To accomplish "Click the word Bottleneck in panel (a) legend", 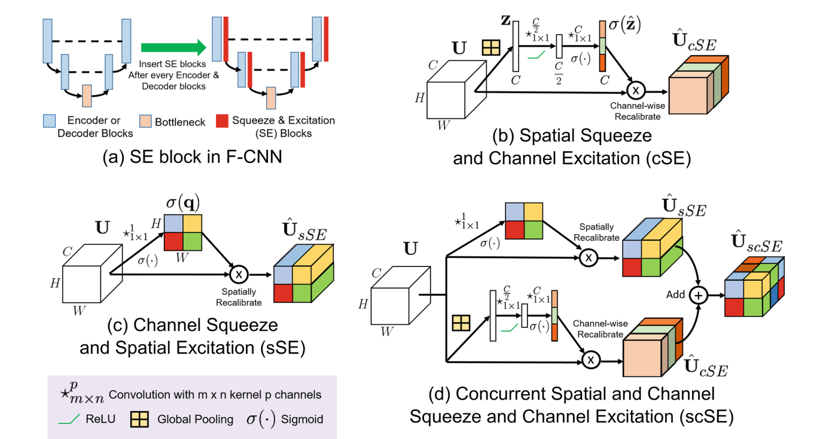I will (179, 122).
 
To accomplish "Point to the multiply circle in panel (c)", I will (237, 274).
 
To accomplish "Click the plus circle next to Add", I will (697, 295).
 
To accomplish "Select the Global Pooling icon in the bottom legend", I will (139, 419).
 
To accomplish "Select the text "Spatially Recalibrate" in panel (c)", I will (238, 297).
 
